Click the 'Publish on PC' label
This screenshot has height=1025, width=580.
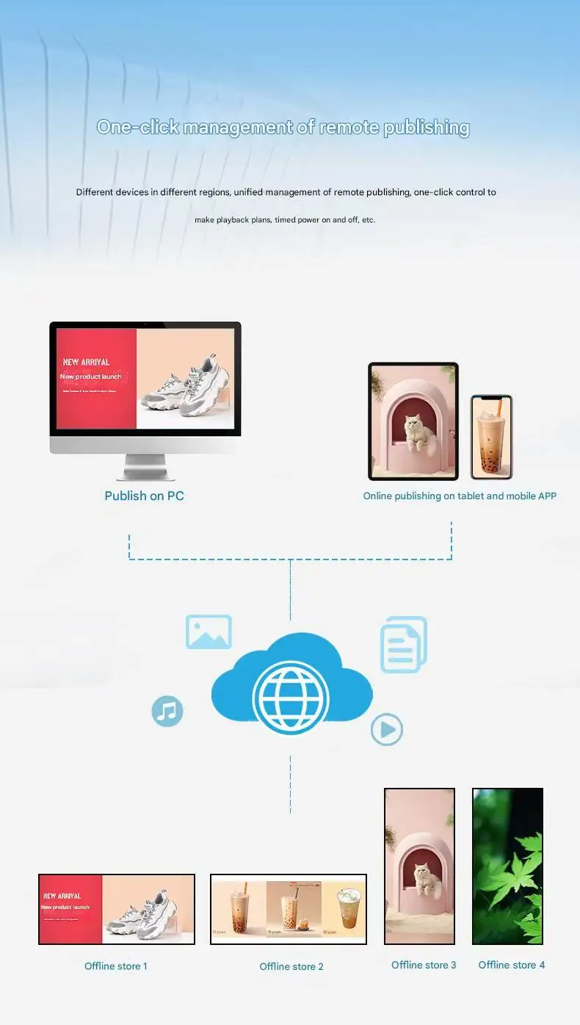(144, 496)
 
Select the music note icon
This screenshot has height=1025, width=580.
(167, 711)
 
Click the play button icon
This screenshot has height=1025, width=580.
(387, 729)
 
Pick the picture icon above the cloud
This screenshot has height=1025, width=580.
(209, 632)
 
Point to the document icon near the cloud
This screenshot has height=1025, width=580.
(403, 645)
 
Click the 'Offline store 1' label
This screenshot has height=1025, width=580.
(116, 966)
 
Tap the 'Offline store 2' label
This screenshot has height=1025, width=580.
(291, 966)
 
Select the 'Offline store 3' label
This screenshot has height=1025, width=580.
(424, 965)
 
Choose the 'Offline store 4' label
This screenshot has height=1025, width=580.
(512, 965)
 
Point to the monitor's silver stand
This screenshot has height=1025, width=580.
(145, 467)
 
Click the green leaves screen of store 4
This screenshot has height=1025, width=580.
(507, 866)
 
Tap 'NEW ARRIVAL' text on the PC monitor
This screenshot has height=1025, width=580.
(86, 362)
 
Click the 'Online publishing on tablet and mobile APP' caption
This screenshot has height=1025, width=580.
(460, 496)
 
